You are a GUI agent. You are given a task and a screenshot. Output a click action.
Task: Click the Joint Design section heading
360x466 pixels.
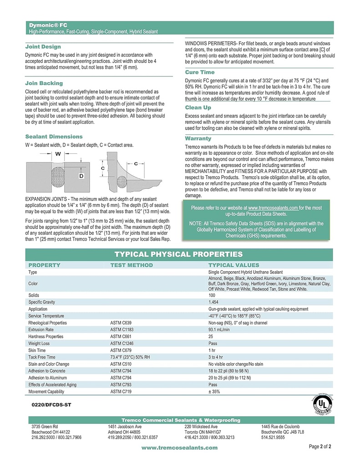pyautogui.click(x=43, y=47)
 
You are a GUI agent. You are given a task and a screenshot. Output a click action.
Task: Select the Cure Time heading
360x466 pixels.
pyautogui.click(x=199, y=72)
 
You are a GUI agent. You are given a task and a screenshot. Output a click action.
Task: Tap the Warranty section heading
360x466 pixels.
pyautogui.click(x=198, y=138)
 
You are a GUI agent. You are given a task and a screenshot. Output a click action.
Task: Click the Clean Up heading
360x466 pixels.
pyautogui.click(x=198, y=107)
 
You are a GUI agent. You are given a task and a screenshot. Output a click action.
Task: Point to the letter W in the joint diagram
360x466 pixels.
pyautogui.click(x=58, y=154)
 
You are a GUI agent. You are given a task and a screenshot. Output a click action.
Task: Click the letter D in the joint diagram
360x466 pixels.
pyautogui.click(x=81, y=175)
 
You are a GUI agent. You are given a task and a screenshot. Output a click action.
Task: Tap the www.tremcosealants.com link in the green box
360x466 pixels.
pyautogui.click(x=273, y=208)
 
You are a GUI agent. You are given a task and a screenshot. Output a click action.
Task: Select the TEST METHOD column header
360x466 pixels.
pyautogui.click(x=132, y=265)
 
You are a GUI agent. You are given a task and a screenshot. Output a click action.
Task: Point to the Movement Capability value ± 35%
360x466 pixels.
pyautogui.click(x=214, y=391)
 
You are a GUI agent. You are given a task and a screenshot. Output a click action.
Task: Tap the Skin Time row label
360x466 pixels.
pyautogui.click(x=37, y=350)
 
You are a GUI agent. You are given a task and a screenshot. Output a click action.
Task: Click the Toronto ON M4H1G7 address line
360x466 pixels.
pyautogui.click(x=203, y=431)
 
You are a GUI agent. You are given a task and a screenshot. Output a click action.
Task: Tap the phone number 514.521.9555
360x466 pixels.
pyautogui.click(x=273, y=437)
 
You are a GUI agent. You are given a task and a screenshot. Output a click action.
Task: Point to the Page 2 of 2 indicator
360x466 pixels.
pyautogui.click(x=320, y=446)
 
